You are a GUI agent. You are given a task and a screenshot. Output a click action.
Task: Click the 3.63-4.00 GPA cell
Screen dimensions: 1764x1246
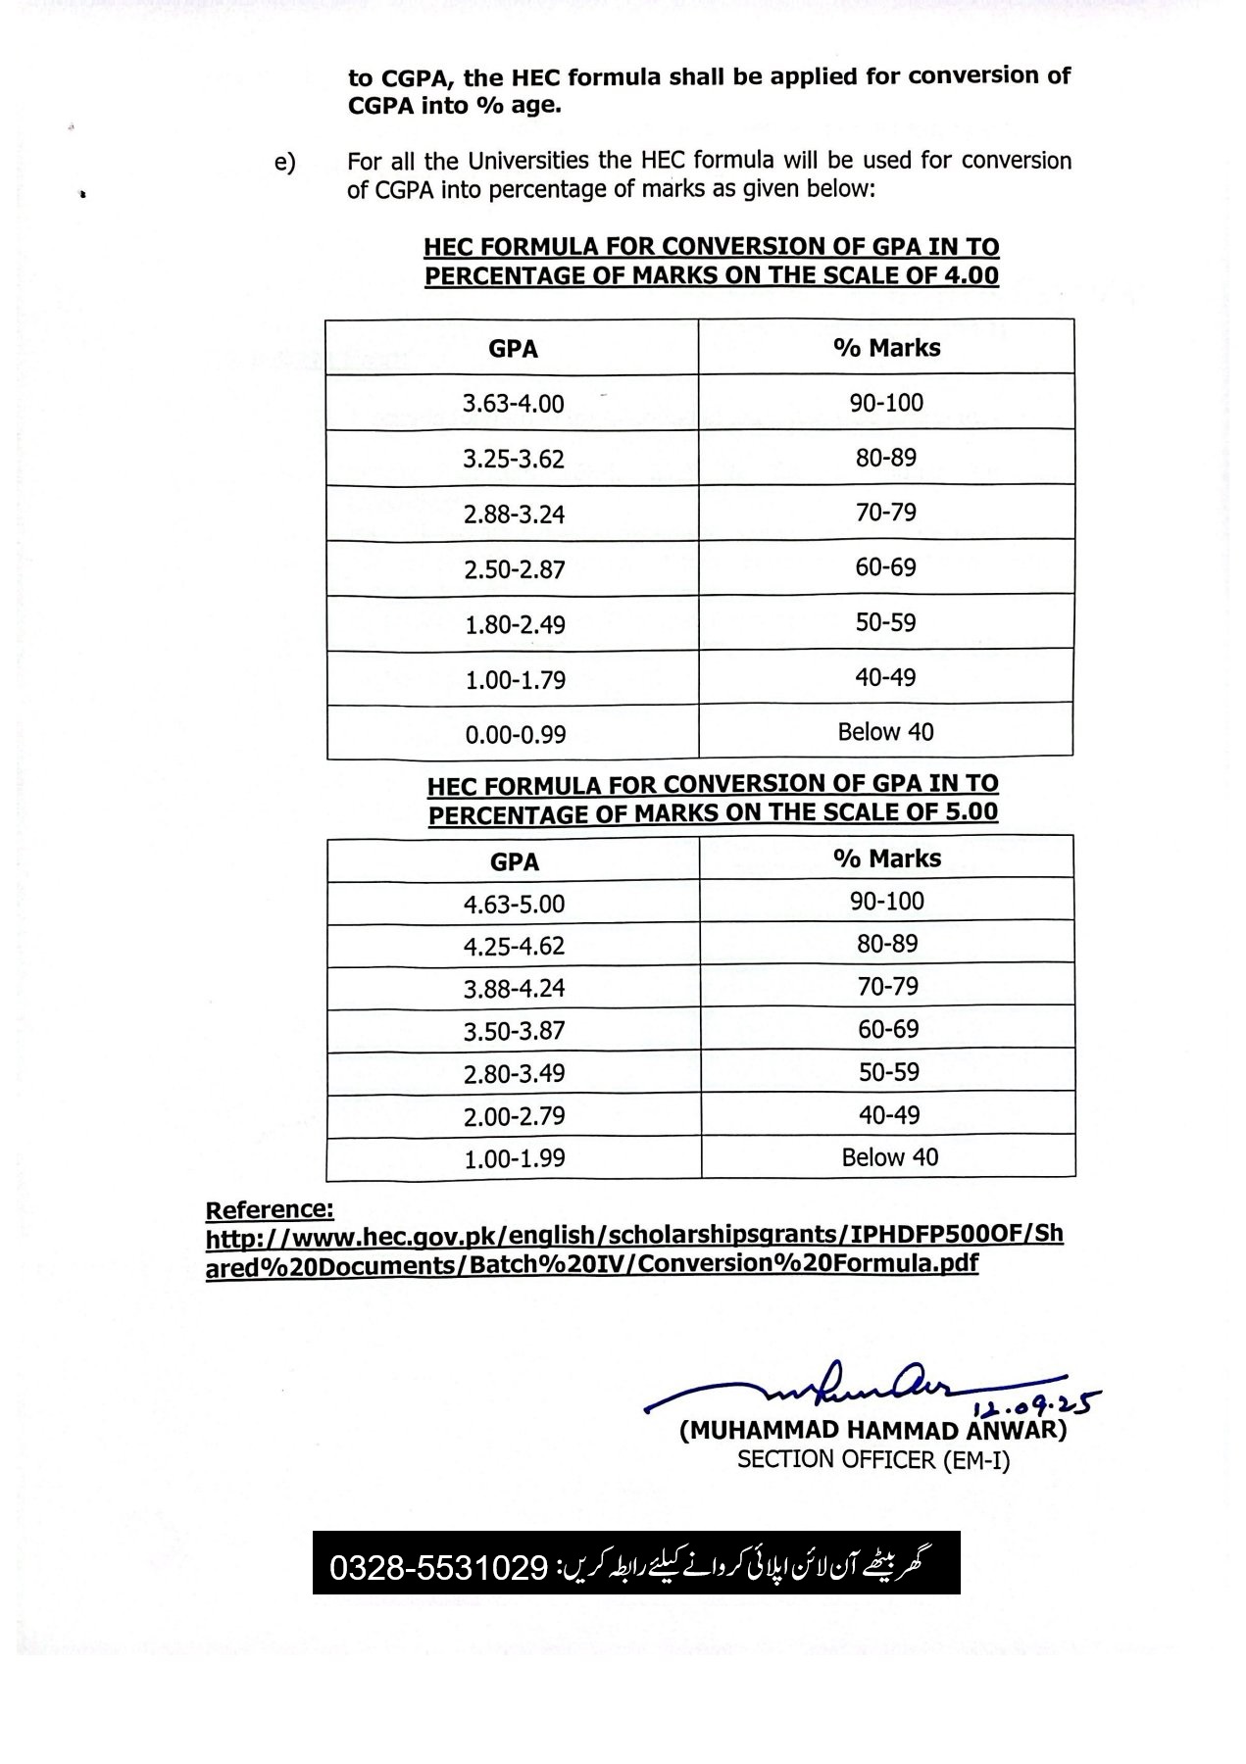(513, 403)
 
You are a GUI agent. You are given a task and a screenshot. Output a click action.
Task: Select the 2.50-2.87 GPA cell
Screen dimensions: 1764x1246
(515, 569)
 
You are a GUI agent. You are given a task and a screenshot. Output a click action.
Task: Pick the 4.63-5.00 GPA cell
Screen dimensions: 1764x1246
(514, 904)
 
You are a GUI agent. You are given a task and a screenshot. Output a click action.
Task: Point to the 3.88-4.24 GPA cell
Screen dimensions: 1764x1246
(514, 989)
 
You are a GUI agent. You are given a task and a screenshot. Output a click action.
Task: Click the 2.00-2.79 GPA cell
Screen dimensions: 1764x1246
(514, 1116)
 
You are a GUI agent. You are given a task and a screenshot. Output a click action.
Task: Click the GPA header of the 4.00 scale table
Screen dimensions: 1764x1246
(513, 349)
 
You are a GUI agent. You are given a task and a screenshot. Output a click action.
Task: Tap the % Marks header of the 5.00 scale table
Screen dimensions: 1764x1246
(887, 858)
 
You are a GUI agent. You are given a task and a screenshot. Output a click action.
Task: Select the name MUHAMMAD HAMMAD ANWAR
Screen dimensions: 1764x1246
(872, 1430)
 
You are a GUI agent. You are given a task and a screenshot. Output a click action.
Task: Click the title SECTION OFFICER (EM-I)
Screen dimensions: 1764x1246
(872, 1460)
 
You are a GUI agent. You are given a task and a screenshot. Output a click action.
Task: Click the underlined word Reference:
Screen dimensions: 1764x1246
(270, 1209)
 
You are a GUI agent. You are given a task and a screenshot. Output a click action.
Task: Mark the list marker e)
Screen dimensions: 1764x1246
(284, 163)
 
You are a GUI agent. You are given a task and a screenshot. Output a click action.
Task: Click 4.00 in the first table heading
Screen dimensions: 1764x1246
(971, 275)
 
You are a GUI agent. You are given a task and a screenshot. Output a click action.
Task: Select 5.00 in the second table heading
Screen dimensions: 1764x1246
(970, 812)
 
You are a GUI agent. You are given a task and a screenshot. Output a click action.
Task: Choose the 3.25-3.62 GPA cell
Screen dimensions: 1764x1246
(514, 459)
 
